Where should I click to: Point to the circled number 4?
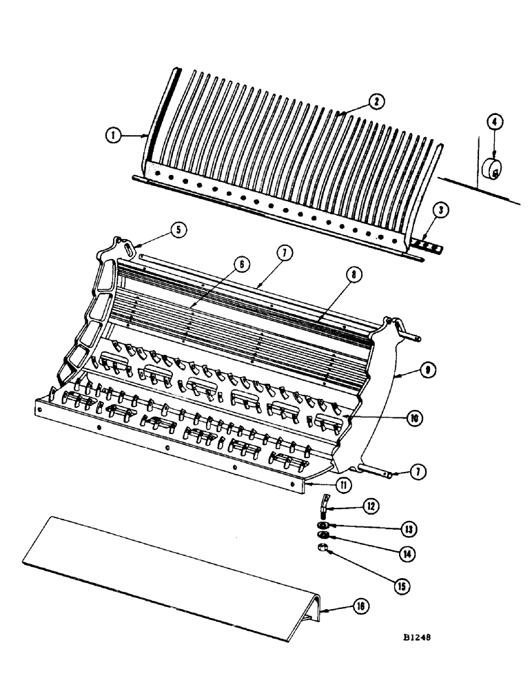pyautogui.click(x=493, y=124)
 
